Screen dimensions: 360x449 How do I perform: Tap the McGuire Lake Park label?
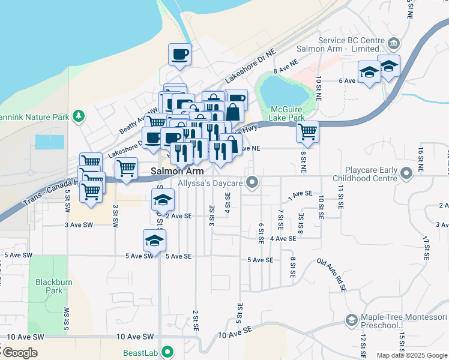[x=288, y=114]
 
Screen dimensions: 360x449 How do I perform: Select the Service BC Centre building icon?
[x=394, y=44]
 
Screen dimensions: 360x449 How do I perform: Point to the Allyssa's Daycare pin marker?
[x=253, y=182]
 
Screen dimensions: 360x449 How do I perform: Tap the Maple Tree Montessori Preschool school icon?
[x=351, y=321]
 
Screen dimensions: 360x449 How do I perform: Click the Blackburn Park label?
[x=49, y=286]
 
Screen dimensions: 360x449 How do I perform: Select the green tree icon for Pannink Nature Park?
[x=78, y=116]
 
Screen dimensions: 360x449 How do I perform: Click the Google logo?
[x=20, y=352]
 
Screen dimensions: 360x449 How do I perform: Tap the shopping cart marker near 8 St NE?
[x=307, y=131]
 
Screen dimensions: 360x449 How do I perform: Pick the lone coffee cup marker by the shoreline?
[x=179, y=55]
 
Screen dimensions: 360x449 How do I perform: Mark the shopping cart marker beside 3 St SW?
[x=126, y=169]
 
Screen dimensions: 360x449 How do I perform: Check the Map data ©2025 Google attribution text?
[x=412, y=355]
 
